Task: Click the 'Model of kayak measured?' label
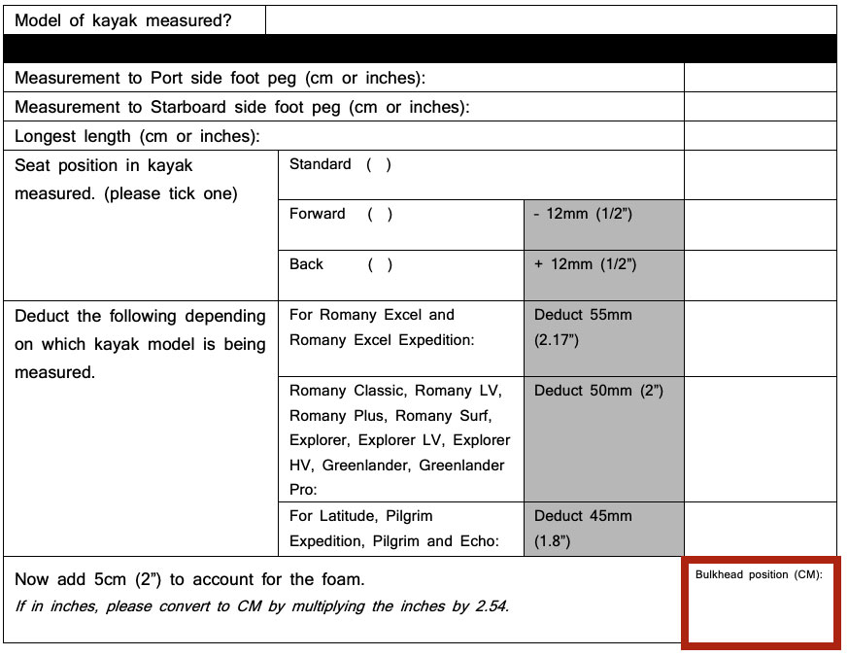(123, 20)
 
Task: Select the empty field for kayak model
(550, 20)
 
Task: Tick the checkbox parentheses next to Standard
(379, 164)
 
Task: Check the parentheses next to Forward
(380, 214)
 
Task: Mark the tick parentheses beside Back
(380, 264)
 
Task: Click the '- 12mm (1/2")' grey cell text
(583, 214)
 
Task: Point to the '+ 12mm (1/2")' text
(585, 264)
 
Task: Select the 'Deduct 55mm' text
(583, 315)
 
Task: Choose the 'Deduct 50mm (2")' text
(598, 391)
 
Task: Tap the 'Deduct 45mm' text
(583, 516)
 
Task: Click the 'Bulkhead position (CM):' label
(759, 574)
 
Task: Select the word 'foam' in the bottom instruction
(340, 580)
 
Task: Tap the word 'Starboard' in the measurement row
(190, 107)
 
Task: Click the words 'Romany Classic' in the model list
(346, 391)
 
